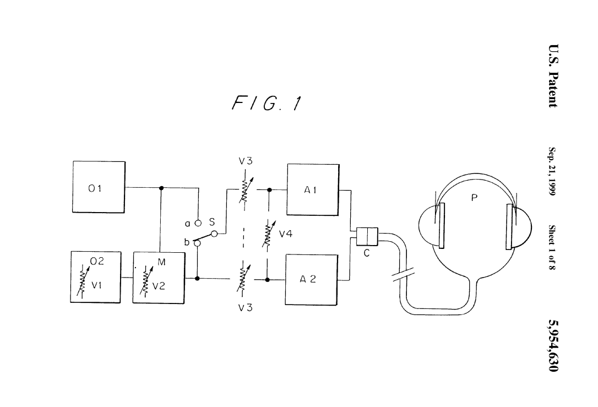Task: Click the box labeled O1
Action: (99, 187)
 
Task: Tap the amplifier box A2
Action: (311, 279)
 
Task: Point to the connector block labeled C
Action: (366, 237)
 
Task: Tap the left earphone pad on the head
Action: (440, 226)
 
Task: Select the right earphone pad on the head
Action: (510, 226)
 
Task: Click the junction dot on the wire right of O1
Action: (161, 187)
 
